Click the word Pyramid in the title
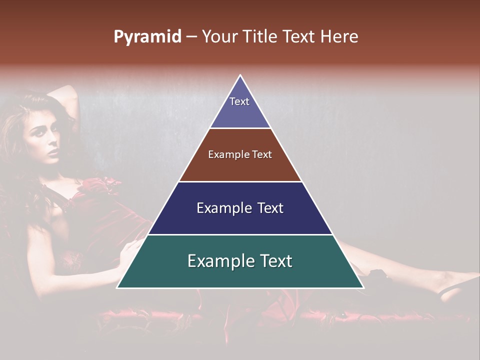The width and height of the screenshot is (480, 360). point(147,37)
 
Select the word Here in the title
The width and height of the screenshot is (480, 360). point(339,36)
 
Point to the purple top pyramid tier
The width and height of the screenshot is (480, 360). point(240,112)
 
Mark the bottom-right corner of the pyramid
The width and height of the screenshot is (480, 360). point(362,287)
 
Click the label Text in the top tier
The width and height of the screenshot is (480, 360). point(239,101)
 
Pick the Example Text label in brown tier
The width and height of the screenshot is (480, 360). point(240,154)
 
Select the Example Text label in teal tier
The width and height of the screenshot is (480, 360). point(240,261)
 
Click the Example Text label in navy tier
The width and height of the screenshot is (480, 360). point(240,208)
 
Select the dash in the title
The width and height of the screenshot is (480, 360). point(191,37)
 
